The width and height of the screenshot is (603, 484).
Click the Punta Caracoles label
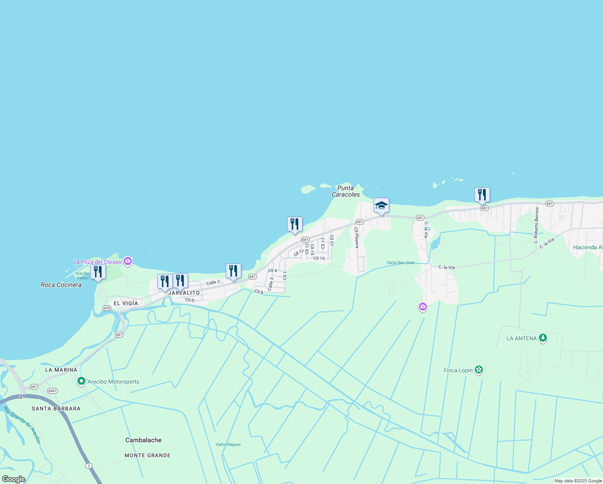coord(345,191)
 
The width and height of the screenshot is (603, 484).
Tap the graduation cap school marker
coord(381,206)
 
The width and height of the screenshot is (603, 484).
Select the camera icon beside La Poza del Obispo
coord(128,261)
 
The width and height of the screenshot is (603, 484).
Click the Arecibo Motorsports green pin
coord(81,381)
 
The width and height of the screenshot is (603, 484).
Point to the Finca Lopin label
coord(458,370)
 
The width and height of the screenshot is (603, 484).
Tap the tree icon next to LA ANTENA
coord(543,338)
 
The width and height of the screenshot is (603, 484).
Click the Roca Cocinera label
coord(61,285)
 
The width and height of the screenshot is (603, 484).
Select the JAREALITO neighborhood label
coord(184,293)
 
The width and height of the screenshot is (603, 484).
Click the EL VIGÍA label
coord(126,303)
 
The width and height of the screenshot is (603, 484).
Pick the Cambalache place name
coord(143,440)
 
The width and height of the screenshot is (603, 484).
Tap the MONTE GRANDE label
coord(148,455)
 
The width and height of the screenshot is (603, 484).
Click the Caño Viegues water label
coord(228,444)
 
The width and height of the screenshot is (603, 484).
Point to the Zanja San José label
coord(400,263)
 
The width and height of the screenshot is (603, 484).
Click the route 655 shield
coord(107,308)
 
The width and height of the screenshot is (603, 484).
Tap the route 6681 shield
coord(52,391)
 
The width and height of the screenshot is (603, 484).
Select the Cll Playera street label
coord(356,238)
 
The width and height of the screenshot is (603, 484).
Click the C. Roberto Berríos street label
coord(536,225)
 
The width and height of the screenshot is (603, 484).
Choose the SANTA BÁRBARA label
coord(56,409)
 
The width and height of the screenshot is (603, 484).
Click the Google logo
coord(14,479)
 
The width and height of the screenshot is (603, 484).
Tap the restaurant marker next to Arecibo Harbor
coord(98,272)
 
